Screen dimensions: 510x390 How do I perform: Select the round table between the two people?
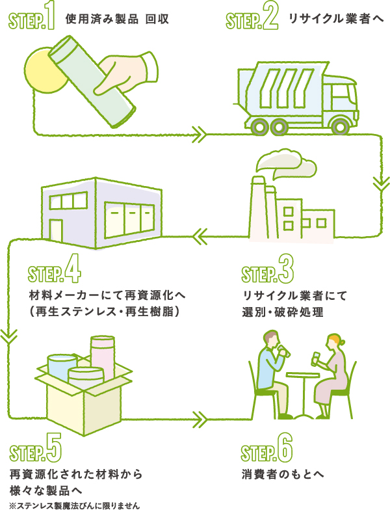click(x=305, y=376)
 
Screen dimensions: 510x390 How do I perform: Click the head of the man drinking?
click(x=272, y=340)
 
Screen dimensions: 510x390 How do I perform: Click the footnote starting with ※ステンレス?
click(x=75, y=503)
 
